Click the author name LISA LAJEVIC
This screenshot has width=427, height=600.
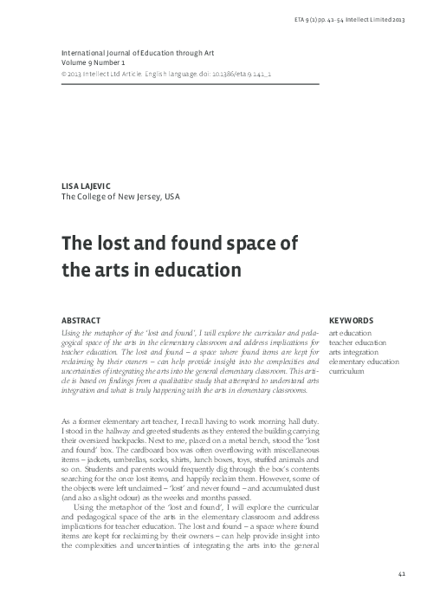[x=85, y=186]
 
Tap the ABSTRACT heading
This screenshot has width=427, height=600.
[x=82, y=319]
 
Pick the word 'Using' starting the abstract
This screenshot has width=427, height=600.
[x=68, y=332]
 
